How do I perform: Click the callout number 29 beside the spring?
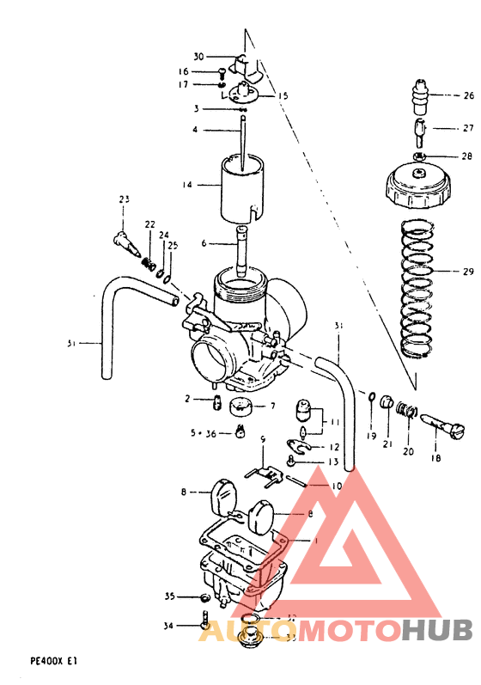coord(468,272)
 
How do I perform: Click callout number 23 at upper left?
coord(124,199)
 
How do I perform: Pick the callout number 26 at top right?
coord(468,95)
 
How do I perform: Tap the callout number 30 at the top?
coord(198,56)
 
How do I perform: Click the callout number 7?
coord(273,406)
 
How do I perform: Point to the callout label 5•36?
coord(204,433)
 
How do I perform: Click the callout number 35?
coord(169,596)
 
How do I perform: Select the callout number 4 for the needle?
coord(195,130)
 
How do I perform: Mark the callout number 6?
coord(204,243)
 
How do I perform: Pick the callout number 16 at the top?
coord(183,71)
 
